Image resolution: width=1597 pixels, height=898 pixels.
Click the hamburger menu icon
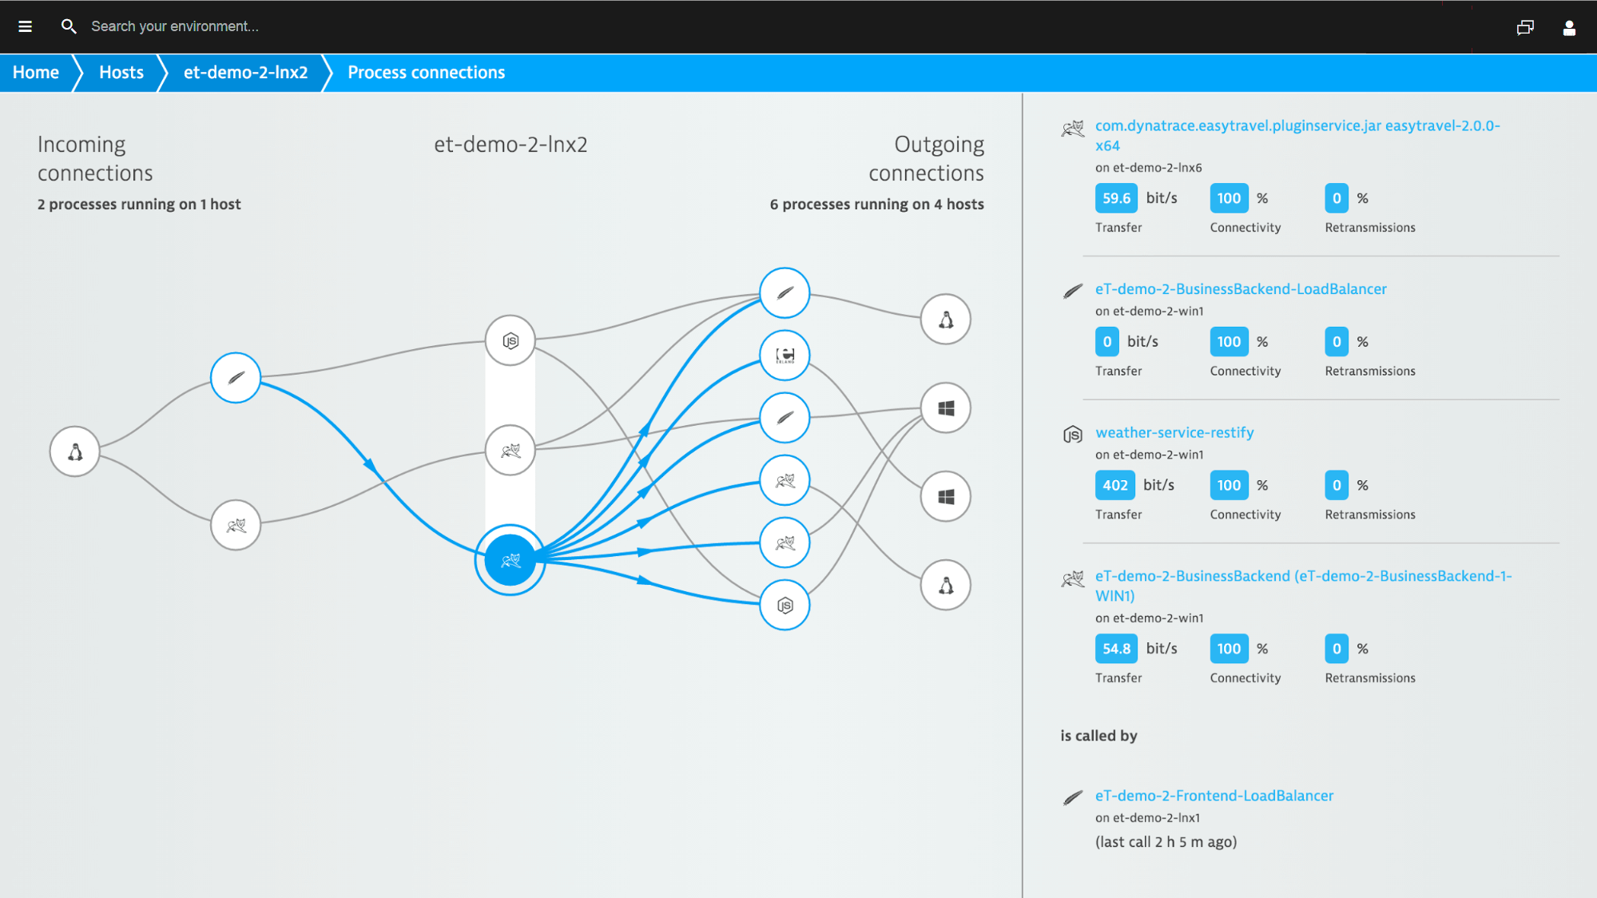pyautogui.click(x=25, y=26)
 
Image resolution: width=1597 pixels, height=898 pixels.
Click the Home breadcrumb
pyautogui.click(x=36, y=73)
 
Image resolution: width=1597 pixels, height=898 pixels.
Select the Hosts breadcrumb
pyautogui.click(x=121, y=73)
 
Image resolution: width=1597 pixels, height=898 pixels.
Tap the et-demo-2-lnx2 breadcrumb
pyautogui.click(x=245, y=73)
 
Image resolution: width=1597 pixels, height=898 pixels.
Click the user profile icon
pyautogui.click(x=1569, y=28)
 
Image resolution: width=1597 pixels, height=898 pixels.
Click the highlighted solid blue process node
pyautogui.click(x=510, y=560)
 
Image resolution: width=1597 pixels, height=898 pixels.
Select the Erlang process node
pyautogui.click(x=785, y=356)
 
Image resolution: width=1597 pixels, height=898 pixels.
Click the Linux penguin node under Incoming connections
pyautogui.click(x=75, y=451)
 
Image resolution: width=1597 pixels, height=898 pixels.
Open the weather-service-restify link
pyautogui.click(x=1174, y=432)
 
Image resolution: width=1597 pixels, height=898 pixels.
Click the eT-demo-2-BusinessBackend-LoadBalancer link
pyautogui.click(x=1241, y=288)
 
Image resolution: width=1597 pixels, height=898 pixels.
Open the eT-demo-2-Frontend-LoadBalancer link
pyautogui.click(x=1214, y=795)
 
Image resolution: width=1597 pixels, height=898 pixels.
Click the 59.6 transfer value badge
pyautogui.click(x=1116, y=198)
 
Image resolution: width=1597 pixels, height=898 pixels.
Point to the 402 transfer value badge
pyautogui.click(x=1115, y=485)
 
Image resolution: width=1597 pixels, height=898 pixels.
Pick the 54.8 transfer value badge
pyautogui.click(x=1116, y=649)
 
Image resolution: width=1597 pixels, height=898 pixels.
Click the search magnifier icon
pyautogui.click(x=69, y=26)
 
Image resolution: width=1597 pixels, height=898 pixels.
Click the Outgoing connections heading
pyautogui.click(x=927, y=158)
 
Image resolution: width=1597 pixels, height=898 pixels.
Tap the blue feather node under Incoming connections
pyautogui.click(x=236, y=378)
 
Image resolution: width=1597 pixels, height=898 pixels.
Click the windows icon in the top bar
pyautogui.click(x=1525, y=28)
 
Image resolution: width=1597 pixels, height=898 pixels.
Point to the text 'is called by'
pyautogui.click(x=1098, y=736)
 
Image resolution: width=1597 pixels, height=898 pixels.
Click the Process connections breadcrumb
pyautogui.click(x=426, y=73)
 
